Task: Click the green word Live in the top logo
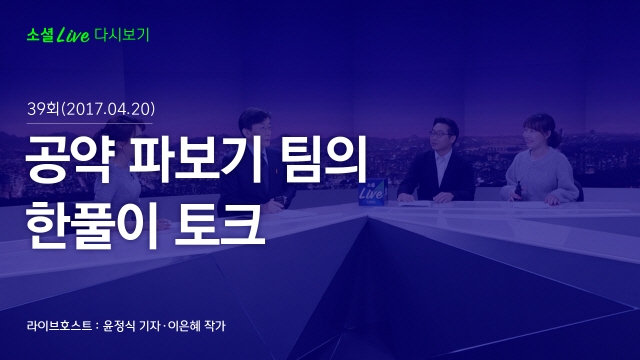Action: click(73, 35)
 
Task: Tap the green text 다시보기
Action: click(122, 35)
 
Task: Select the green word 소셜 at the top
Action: click(40, 35)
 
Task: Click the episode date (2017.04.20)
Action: click(108, 109)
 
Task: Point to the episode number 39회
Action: click(43, 109)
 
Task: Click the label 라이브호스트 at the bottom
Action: click(59, 326)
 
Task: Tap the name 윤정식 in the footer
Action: click(119, 326)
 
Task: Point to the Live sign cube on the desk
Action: click(373, 191)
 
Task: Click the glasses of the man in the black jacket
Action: click(440, 134)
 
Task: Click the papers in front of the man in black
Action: click(415, 203)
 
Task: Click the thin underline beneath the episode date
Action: click(89, 123)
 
